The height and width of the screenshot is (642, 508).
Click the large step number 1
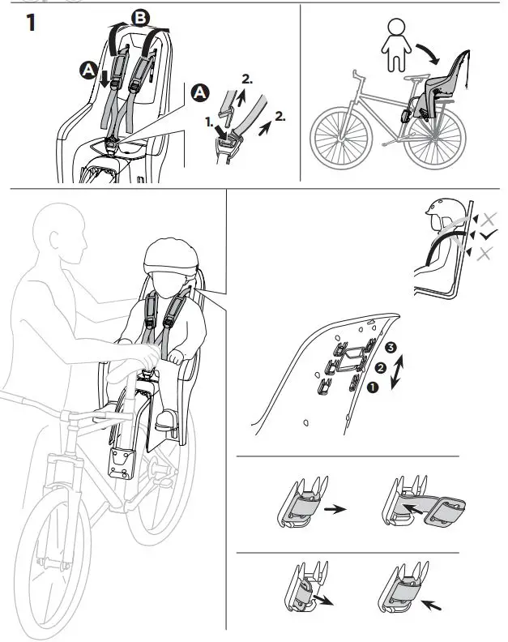[x=30, y=24]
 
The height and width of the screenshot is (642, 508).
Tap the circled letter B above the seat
[x=141, y=18]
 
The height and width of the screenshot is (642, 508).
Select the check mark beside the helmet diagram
[x=489, y=236]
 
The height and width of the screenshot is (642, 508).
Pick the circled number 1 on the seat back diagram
[x=374, y=387]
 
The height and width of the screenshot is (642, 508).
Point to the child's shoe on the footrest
[x=166, y=419]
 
